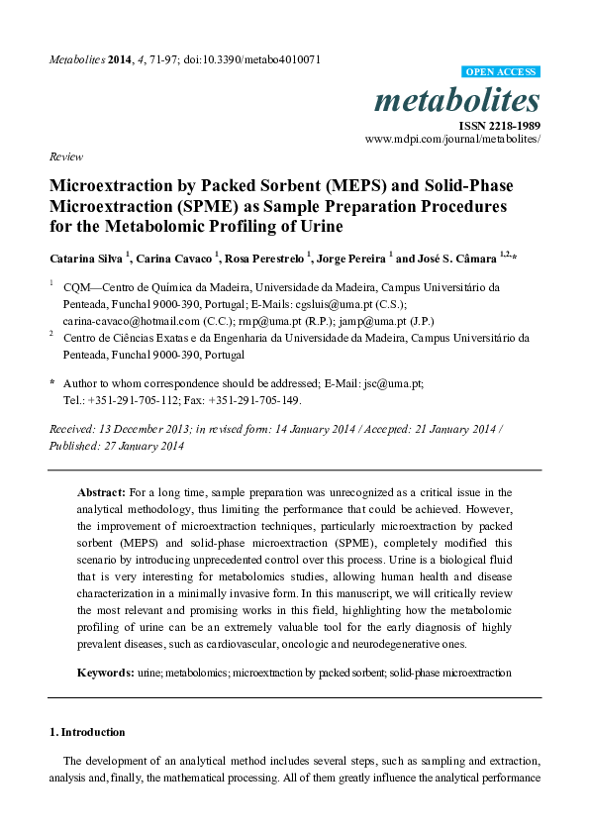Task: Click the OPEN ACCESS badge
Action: point(502,72)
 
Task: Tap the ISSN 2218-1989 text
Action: point(499,126)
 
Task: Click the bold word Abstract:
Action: point(102,491)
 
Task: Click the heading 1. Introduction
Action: point(87,732)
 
